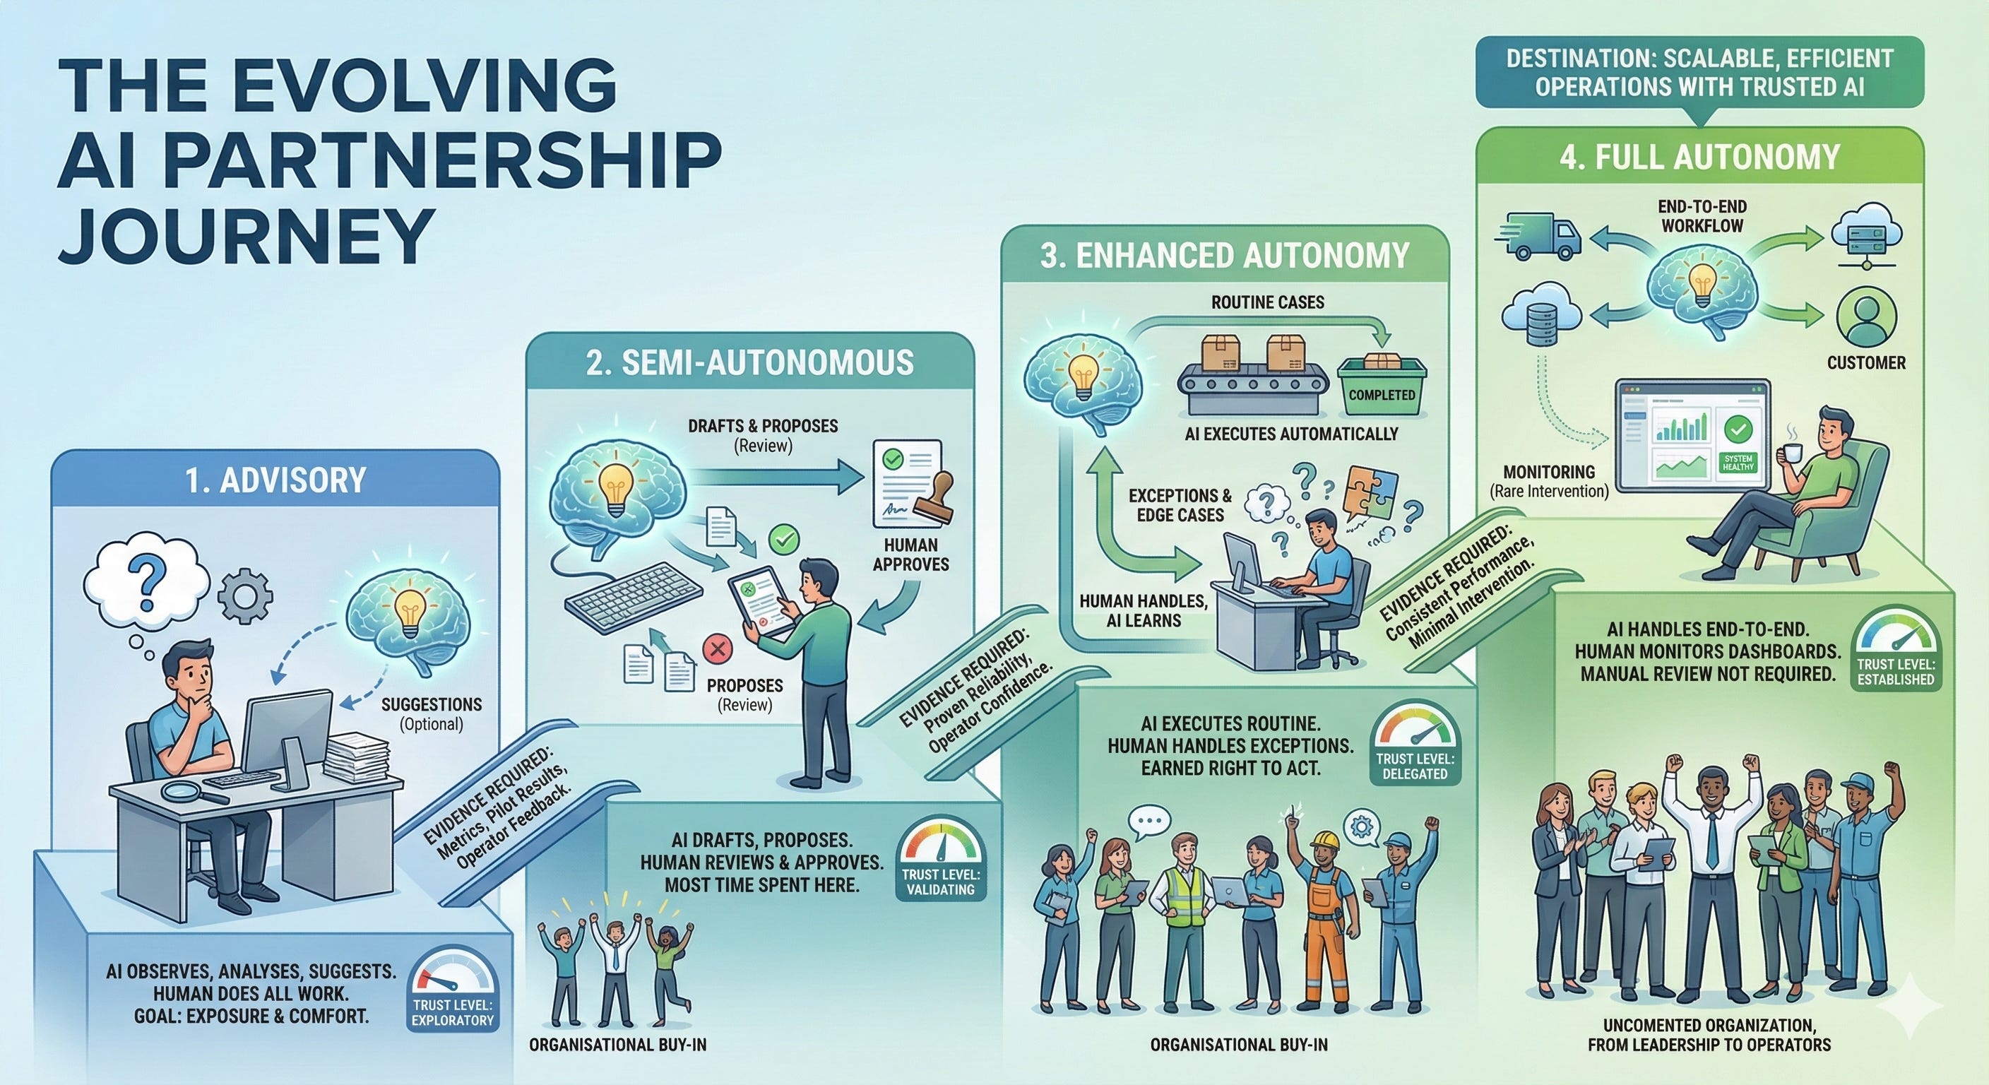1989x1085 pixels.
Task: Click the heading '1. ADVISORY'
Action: (x=275, y=480)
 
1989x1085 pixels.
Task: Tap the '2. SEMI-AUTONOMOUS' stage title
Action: (x=749, y=362)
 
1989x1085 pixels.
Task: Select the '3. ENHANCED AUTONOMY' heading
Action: (x=1225, y=256)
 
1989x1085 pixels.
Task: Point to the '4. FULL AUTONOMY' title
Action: (x=1699, y=157)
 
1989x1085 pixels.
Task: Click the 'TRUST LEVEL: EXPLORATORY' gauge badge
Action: (x=452, y=997)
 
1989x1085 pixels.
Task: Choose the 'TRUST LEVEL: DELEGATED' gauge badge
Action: (x=1415, y=749)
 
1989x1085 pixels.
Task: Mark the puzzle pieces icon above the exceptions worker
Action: (x=1368, y=494)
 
